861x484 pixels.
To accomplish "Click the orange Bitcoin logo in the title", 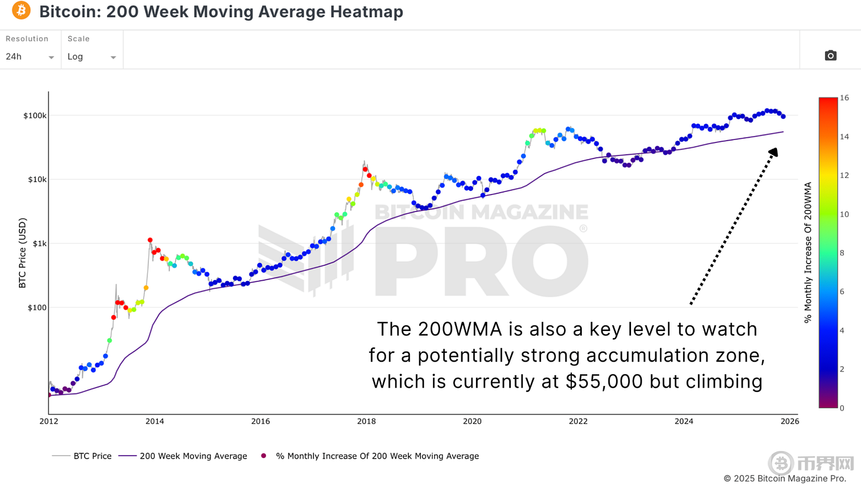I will (x=21, y=11).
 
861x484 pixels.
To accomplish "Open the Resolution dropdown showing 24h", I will (x=30, y=57).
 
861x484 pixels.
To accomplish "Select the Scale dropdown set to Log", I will (x=92, y=57).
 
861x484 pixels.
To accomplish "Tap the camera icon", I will (x=830, y=56).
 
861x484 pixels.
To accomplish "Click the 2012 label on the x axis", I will (x=48, y=421).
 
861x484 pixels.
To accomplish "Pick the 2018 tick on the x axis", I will (x=366, y=421).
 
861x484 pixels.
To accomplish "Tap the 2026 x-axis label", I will (x=789, y=421).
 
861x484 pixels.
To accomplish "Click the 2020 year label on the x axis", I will (x=472, y=421).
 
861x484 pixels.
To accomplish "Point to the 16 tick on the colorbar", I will (x=845, y=98).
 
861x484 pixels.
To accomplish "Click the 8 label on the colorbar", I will (x=843, y=253).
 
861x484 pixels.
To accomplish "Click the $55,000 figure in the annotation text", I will (x=604, y=382).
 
